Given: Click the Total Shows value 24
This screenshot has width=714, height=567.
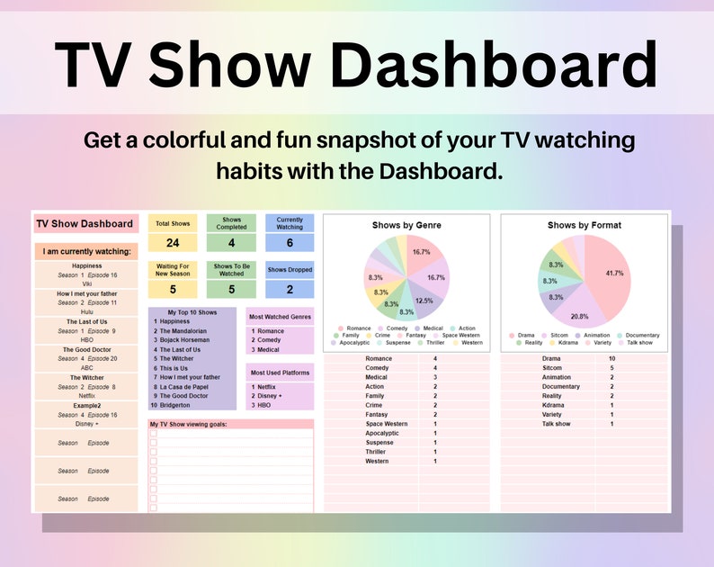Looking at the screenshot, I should [173, 243].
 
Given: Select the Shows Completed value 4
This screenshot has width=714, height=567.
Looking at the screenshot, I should [231, 243].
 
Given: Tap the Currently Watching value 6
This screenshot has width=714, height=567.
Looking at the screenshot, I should [290, 243].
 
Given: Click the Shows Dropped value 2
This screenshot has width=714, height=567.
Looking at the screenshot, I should [290, 290].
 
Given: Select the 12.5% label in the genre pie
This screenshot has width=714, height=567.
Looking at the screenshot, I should [424, 301].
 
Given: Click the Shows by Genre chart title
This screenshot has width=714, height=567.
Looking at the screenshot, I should [406, 225].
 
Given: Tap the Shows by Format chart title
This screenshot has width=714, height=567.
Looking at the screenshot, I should [584, 225].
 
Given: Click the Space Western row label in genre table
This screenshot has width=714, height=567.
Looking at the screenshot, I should [386, 424].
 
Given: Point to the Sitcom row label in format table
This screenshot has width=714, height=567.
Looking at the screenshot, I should [554, 367].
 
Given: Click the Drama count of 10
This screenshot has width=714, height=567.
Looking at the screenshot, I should [611, 358].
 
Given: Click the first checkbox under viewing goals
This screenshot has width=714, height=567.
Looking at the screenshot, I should [154, 433].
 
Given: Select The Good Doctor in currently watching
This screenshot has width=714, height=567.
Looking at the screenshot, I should [87, 349].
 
